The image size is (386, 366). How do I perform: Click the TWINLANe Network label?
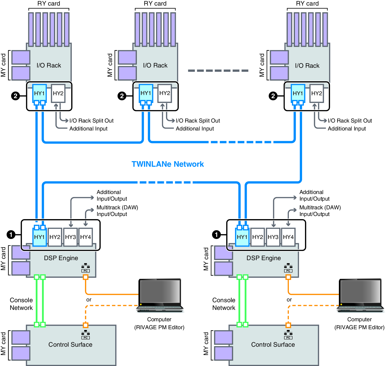click(x=168, y=164)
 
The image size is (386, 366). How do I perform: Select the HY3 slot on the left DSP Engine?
click(x=70, y=237)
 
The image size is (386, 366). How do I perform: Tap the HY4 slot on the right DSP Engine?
click(x=288, y=237)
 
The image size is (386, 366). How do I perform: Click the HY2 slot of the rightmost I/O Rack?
click(x=317, y=93)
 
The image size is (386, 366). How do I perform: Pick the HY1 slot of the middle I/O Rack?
click(x=146, y=93)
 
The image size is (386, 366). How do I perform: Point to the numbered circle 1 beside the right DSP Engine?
click(x=216, y=234)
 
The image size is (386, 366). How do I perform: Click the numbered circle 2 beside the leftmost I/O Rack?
click(x=15, y=96)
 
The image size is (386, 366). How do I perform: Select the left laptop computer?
click(x=160, y=295)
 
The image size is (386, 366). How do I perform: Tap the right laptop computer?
click(x=360, y=295)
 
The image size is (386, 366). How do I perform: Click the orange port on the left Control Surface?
click(x=86, y=325)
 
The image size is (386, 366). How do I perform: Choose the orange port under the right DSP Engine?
click(x=288, y=277)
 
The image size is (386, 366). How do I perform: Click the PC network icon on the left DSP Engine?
click(x=86, y=268)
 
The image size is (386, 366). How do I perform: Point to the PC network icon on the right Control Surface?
click(x=288, y=335)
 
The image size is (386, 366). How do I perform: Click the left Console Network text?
click(x=21, y=304)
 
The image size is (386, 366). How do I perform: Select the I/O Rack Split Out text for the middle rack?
click(x=198, y=121)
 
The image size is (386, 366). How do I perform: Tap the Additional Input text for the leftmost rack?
click(x=88, y=129)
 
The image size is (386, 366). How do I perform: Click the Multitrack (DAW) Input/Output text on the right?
click(x=320, y=211)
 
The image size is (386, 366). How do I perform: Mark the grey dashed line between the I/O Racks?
click(x=218, y=71)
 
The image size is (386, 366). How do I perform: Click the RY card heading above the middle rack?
click(x=155, y=3)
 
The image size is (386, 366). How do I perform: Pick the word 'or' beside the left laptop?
click(x=89, y=300)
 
